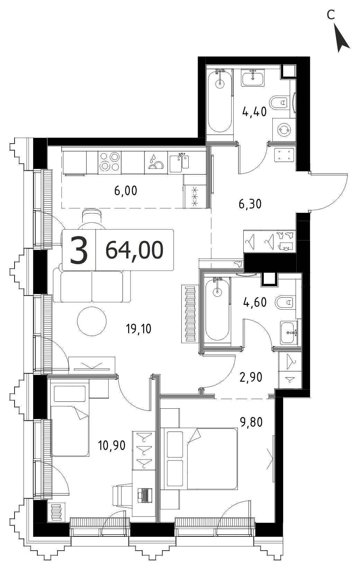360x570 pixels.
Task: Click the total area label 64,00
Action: (134, 250)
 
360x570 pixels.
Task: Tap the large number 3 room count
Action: (79, 250)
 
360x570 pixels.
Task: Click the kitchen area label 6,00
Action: (126, 191)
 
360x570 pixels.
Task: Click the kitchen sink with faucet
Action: (180, 163)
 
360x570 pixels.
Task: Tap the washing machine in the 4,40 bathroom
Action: (284, 129)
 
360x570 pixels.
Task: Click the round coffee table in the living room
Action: (92, 322)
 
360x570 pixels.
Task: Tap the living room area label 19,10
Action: (139, 329)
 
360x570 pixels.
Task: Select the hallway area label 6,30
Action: (250, 204)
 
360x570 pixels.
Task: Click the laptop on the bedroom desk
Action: (145, 496)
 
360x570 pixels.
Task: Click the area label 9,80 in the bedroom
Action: (251, 422)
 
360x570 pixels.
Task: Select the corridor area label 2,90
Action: (251, 377)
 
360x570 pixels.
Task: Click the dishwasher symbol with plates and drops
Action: (156, 163)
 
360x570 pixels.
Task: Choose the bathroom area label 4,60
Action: (255, 302)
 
